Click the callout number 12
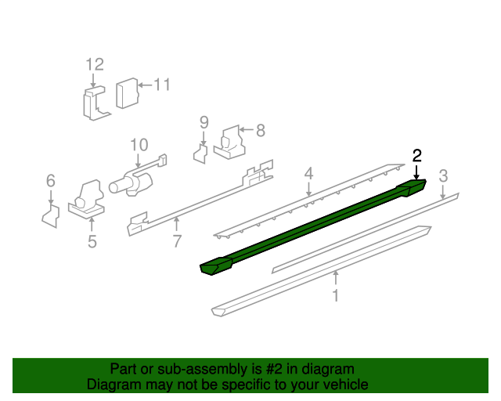point(95,64)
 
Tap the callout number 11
point(162,85)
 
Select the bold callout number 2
point(417,156)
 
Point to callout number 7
point(178,241)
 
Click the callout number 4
point(308,174)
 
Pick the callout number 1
point(336,295)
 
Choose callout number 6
point(51,181)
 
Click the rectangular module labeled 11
point(127,93)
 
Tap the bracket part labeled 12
point(96,103)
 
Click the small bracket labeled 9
point(200,154)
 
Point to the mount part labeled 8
point(230,143)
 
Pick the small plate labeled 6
point(51,216)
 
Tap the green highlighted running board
point(313,227)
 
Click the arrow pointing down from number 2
point(416,172)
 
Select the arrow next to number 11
point(145,85)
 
